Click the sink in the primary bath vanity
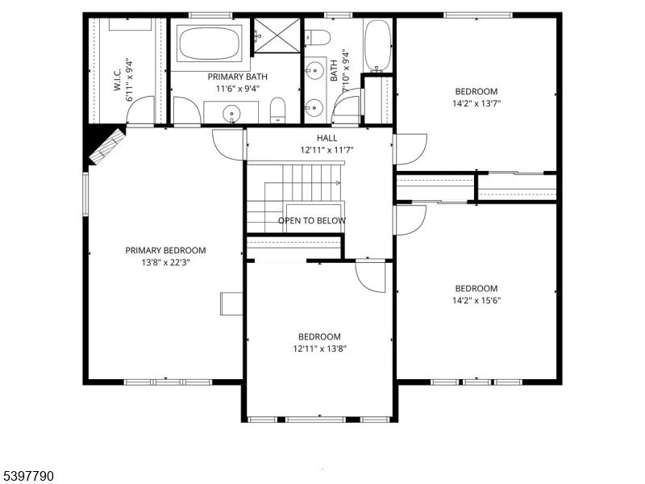232,113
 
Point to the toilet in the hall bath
318,38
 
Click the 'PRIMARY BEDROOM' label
165,250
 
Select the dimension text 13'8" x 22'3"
165,262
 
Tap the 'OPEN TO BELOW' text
312,220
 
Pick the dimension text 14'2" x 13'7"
476,103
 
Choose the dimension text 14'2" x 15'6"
476,301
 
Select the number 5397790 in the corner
27,477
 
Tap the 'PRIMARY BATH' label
237,77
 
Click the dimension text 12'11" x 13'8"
319,348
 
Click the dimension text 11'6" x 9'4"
237,89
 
